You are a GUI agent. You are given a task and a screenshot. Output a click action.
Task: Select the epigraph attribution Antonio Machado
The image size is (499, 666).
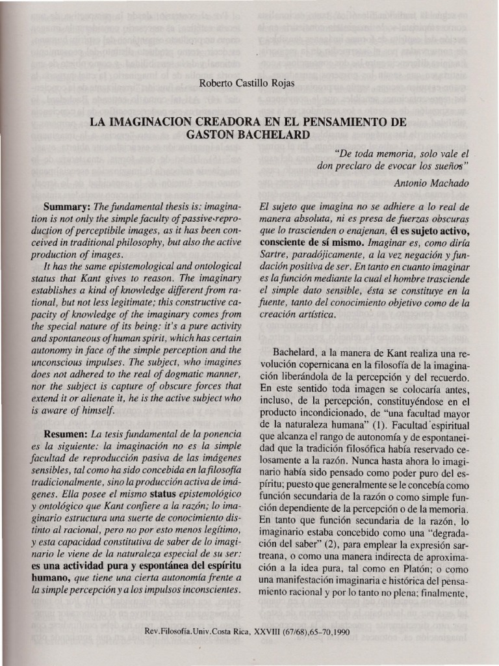[x=431, y=183]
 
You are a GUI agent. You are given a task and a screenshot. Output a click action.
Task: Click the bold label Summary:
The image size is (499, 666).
[x=68, y=206]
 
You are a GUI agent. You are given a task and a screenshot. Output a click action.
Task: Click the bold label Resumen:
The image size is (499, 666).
[x=66, y=433]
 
